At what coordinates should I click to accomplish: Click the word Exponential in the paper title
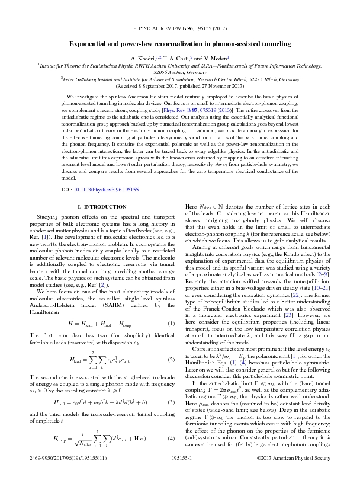pos(92,44)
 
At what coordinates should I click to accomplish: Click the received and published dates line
pos(179,85)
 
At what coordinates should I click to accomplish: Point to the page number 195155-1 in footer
pos(180,458)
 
